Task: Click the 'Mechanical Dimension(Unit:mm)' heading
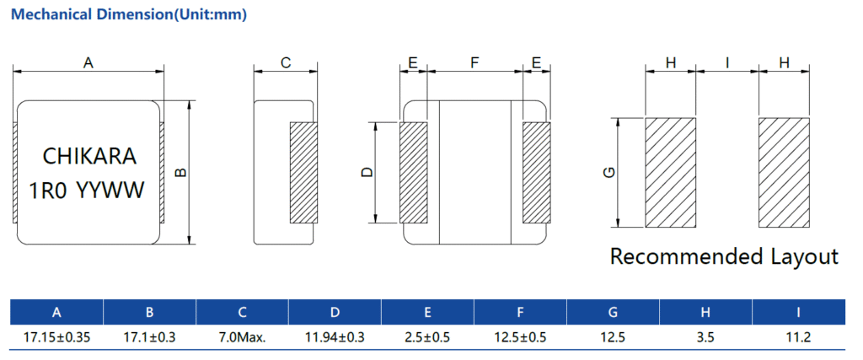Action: (129, 15)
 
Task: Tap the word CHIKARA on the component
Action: (88, 157)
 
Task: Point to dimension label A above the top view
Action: (88, 62)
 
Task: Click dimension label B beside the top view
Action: (180, 173)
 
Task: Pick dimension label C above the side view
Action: (286, 62)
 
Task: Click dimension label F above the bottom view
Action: (474, 62)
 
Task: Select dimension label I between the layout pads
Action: (727, 62)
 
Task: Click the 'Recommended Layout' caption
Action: (724, 256)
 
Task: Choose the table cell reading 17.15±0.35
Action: (56, 337)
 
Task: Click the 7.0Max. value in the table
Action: (242, 337)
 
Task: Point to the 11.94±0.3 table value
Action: (335, 337)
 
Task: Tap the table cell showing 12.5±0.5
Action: (520, 337)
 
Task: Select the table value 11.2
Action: (798, 337)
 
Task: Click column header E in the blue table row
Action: (427, 313)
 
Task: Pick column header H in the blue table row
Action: (705, 313)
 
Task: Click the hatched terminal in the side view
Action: (303, 173)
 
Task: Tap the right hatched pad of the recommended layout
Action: (784, 172)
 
